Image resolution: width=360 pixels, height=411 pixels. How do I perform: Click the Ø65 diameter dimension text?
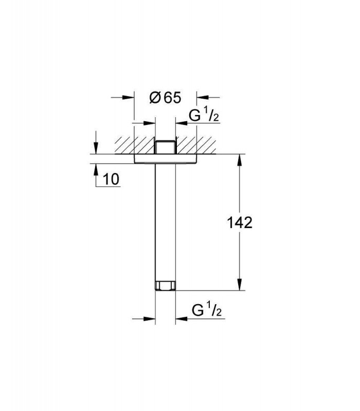click(x=165, y=98)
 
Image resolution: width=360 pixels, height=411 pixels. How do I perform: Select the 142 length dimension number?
click(x=240, y=223)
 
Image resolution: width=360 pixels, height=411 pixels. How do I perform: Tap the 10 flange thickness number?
click(x=111, y=179)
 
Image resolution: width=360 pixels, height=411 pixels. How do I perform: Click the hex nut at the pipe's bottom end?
click(x=165, y=286)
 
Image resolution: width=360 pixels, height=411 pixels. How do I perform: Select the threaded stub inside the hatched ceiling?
click(x=165, y=147)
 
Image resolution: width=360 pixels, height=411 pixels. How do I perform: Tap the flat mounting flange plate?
click(x=165, y=159)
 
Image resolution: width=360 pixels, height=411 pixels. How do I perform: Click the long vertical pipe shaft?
click(x=165, y=222)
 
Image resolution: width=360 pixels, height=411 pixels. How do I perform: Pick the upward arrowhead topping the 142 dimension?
click(x=239, y=160)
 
